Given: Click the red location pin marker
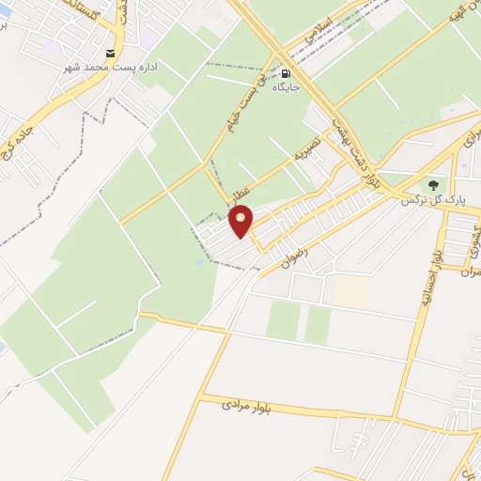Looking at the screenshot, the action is pyautogui.click(x=241, y=221).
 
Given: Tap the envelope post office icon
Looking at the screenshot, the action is pyautogui.click(x=112, y=53).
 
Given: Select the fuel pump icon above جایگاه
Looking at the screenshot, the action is pyautogui.click(x=286, y=74).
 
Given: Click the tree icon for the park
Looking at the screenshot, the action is pyautogui.click(x=433, y=185).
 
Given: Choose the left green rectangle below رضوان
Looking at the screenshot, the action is pyautogui.click(x=283, y=320).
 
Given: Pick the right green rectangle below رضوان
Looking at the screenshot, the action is pyautogui.click(x=318, y=324).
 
